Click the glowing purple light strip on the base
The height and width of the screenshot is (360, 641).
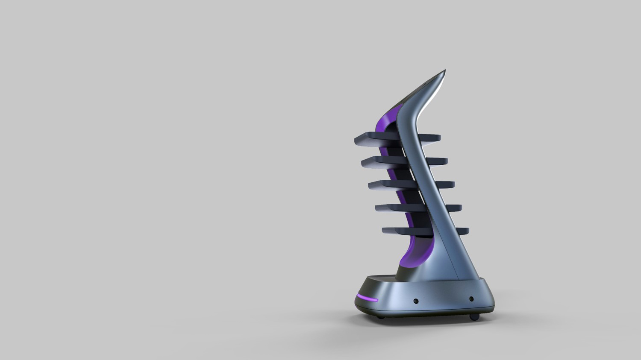tap(368, 298)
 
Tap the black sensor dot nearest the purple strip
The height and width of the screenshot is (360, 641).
tap(416, 301)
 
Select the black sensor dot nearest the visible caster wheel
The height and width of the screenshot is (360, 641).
tap(471, 299)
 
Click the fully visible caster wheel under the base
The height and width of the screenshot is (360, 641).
tap(474, 317)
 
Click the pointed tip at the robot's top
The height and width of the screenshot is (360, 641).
tap(444, 71)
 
